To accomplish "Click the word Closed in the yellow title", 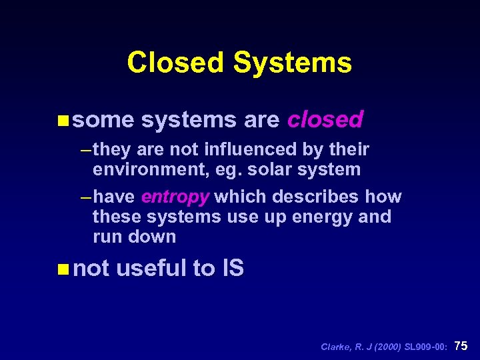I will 175,63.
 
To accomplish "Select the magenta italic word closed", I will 325,119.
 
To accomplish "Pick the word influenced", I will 239,149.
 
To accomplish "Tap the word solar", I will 273,169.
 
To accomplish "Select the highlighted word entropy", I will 175,197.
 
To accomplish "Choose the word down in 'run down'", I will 155,237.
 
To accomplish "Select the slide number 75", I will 461,345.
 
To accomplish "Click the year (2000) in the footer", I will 387,347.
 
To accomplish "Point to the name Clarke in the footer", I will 335,347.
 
